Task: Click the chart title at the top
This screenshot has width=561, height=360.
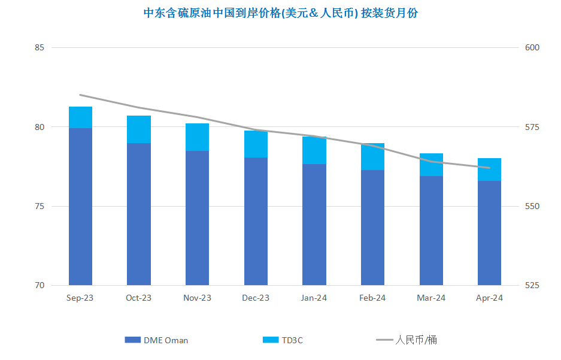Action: (280, 13)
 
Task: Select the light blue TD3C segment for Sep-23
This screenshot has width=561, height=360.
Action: (80, 117)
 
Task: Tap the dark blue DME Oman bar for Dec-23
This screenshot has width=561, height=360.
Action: (256, 221)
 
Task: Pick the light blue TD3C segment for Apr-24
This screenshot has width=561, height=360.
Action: (489, 170)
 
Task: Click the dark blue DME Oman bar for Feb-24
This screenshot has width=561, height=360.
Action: (372, 228)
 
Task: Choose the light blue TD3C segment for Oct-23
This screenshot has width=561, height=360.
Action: (139, 129)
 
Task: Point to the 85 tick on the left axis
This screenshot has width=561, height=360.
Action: (40, 47)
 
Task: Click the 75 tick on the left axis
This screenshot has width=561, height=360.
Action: (40, 206)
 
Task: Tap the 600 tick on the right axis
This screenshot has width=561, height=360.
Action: (532, 47)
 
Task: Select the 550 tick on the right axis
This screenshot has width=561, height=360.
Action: (532, 206)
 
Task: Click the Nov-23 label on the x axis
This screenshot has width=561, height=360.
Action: (197, 298)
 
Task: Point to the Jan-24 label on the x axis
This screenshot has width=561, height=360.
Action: (314, 298)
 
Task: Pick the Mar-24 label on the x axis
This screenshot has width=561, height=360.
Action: (431, 298)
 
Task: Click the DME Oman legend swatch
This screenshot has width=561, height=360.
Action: (132, 340)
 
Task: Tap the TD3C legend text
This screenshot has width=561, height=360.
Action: (292, 340)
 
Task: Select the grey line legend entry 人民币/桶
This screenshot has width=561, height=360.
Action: (407, 340)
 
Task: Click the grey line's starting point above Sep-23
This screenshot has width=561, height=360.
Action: (80, 95)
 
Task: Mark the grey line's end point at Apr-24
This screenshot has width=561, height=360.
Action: (489, 168)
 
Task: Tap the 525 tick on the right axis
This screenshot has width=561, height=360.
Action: (532, 285)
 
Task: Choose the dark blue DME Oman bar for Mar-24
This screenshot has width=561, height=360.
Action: (431, 231)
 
